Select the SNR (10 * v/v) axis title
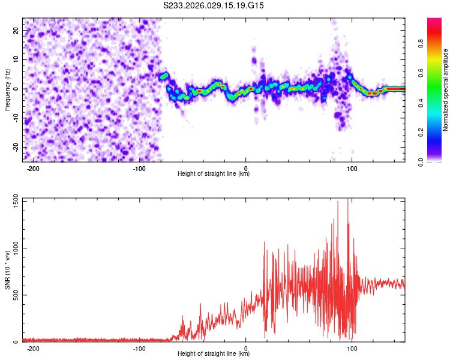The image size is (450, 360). (8, 271)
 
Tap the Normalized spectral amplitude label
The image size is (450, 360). (446, 90)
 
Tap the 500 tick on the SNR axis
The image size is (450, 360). (14, 295)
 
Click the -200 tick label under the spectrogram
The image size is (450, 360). (33, 168)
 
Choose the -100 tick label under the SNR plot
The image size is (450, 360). (139, 349)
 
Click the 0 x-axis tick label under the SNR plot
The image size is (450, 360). (246, 349)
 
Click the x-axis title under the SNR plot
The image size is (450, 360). (214, 355)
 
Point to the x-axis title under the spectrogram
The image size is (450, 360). (214, 174)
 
